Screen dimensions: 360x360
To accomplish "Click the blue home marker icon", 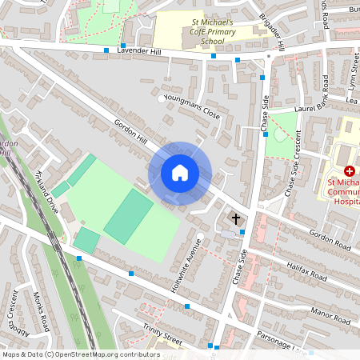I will (180, 173).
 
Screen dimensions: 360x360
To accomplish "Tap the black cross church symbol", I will (236, 218).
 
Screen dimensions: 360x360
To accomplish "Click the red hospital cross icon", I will (350, 171).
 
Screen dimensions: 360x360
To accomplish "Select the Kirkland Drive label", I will (47, 190).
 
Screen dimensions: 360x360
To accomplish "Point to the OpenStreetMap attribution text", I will (81, 354).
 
